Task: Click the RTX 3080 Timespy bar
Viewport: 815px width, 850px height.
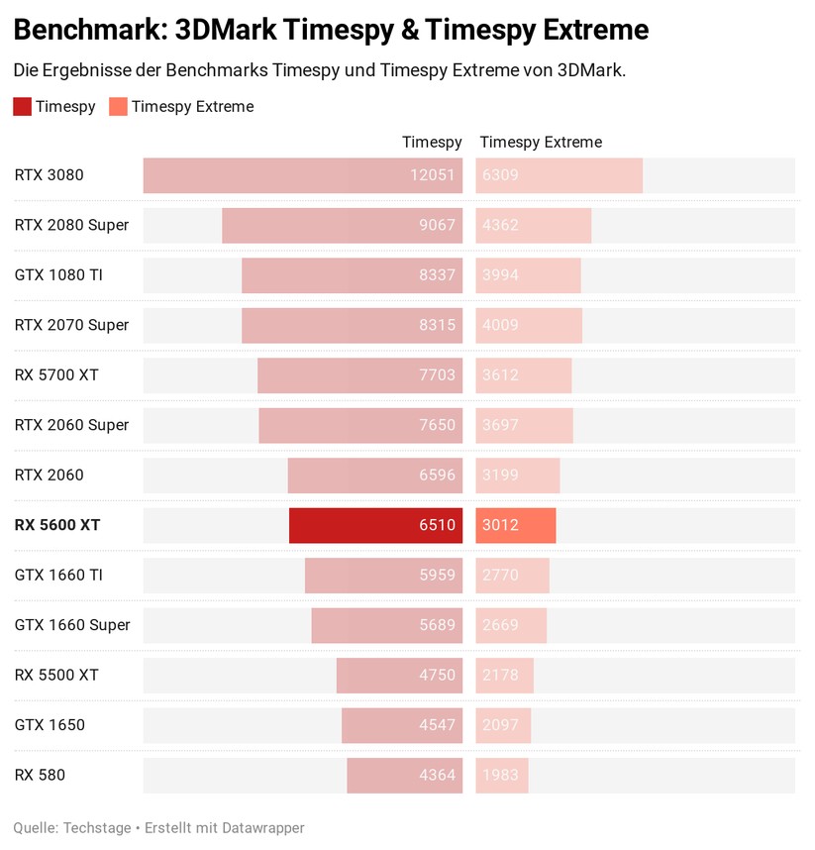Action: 302,175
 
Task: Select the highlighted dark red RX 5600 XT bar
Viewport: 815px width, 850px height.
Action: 375,525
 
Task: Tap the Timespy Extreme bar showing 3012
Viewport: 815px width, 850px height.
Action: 515,525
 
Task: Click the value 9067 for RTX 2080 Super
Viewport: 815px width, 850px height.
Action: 437,225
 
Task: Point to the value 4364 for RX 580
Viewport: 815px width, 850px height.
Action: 437,775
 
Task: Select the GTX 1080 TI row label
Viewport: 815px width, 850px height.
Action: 58,274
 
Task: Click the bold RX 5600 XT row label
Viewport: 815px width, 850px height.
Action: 57,525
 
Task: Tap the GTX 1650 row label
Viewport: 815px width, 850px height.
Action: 50,724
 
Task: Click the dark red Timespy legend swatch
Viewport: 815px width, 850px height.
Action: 22,106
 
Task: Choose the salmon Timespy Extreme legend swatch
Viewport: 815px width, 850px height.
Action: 118,106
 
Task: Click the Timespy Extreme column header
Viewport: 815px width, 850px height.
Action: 541,142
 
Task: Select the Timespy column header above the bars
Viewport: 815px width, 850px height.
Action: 432,142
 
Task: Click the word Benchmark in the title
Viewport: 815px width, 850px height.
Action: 87,30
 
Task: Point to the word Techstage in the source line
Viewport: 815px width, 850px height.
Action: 97,827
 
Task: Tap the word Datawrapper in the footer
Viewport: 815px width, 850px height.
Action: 261,827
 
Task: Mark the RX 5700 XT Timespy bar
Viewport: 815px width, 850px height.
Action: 359,374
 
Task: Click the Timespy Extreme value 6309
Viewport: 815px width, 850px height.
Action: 500,175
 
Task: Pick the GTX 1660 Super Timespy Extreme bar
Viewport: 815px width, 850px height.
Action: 511,625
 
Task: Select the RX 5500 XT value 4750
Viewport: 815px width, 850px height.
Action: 437,675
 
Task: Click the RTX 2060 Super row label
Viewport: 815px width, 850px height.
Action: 71,425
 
